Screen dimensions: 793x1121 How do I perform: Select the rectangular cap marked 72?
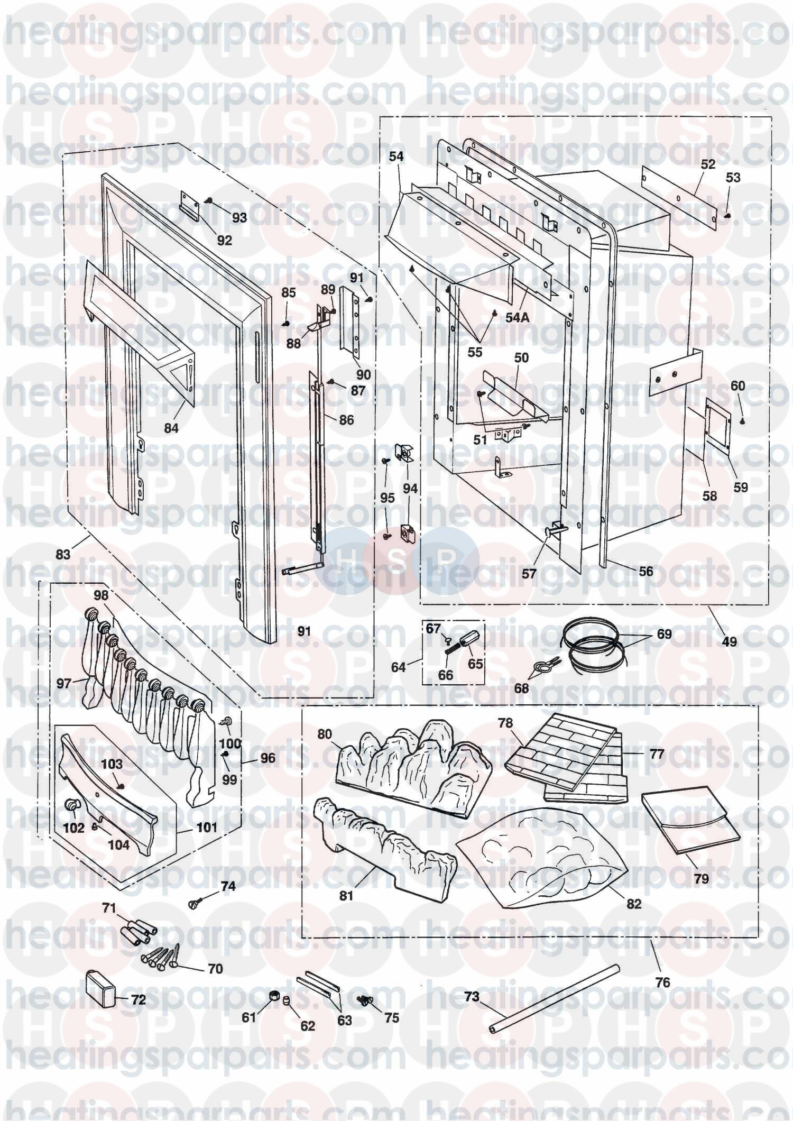tap(100, 983)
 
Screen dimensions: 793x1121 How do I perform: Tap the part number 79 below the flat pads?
tap(700, 879)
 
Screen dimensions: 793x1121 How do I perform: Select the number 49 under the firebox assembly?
tap(729, 642)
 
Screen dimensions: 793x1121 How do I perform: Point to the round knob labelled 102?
tap(71, 806)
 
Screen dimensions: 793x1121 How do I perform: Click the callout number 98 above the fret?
tap(101, 595)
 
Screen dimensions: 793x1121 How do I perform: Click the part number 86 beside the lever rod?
tap(346, 421)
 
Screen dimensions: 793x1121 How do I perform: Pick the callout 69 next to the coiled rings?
tap(663, 634)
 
